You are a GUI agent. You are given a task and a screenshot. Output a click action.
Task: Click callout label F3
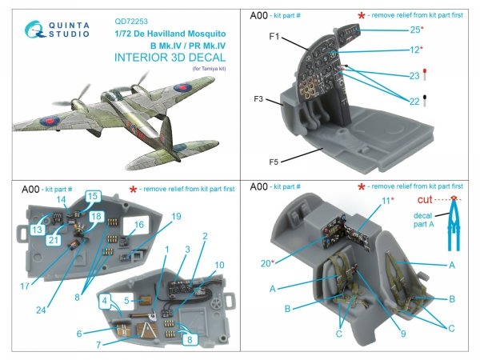pyautogui.click(x=258, y=100)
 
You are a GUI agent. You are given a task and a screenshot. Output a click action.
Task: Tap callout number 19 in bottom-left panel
pyautogui.click(x=175, y=216)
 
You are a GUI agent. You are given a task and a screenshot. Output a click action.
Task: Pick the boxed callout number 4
pyautogui.click(x=104, y=302)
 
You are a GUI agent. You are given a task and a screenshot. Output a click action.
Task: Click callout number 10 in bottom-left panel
pyautogui.click(x=219, y=264)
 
